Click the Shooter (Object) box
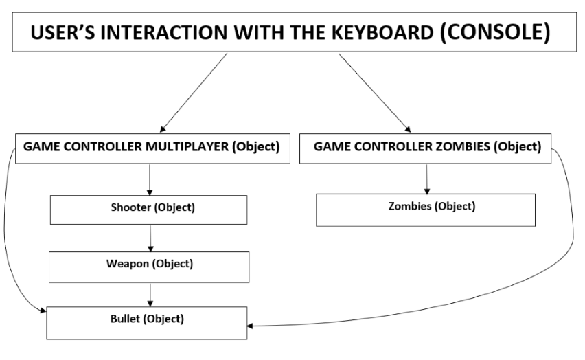pos(150,209)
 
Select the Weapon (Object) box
pos(150,265)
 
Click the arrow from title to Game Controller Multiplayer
pos(192,92)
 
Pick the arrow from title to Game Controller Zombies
pos(375,92)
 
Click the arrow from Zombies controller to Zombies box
pos(428,178)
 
